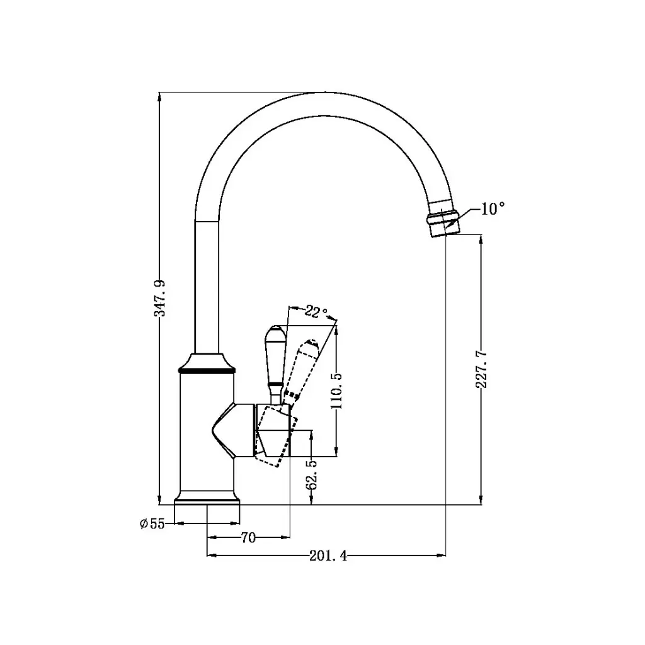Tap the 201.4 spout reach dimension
328,556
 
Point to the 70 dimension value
248,537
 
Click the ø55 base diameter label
152,523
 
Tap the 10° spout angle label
493,209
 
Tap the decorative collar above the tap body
207,363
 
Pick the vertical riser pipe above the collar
207,290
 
